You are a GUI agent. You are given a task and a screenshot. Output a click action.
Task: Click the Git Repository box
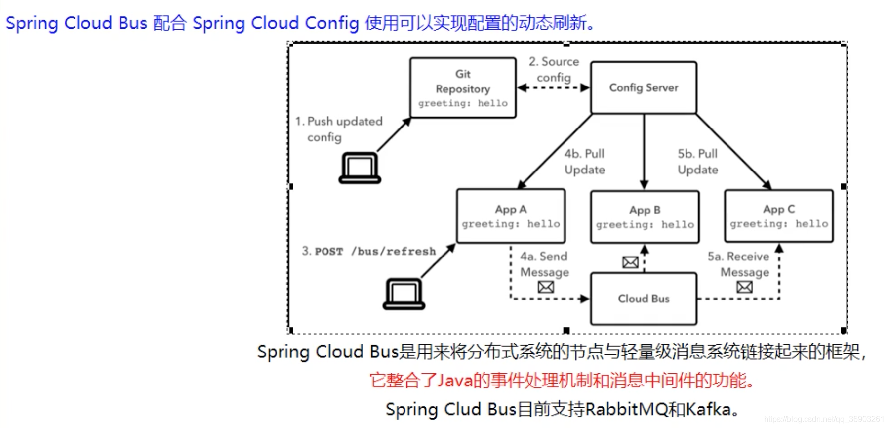[463, 88]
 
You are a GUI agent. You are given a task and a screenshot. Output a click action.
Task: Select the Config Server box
[644, 87]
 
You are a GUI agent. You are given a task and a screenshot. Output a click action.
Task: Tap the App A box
[511, 216]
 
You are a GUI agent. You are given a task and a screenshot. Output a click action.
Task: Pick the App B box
[645, 217]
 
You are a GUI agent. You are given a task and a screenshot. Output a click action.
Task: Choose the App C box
[778, 216]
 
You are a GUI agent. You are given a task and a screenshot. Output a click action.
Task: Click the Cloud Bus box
[644, 299]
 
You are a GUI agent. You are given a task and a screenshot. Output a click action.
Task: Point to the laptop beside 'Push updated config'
[360, 168]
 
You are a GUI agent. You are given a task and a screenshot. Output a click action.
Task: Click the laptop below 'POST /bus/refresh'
[404, 294]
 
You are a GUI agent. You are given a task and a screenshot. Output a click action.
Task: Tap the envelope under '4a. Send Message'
[546, 287]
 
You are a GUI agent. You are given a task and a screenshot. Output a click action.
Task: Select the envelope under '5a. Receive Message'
[744, 287]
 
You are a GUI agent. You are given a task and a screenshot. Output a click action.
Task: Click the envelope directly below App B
[630, 262]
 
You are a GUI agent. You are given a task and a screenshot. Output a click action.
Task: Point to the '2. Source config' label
[554, 69]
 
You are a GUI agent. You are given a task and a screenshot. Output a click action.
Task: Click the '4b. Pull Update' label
[585, 162]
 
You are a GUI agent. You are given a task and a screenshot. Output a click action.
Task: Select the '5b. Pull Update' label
[697, 162]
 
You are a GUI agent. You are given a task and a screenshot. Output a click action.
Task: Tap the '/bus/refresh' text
[394, 251]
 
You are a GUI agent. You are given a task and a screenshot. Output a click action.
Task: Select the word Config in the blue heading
[331, 23]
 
